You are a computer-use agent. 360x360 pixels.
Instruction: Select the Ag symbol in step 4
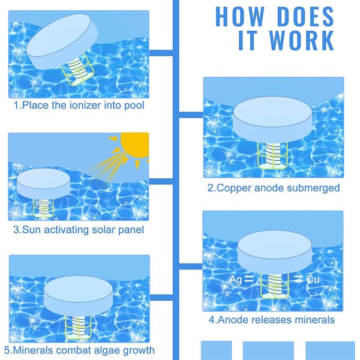236,280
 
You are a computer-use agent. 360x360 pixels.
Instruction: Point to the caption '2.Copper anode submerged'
274,188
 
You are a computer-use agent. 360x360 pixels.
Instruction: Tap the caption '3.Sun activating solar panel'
79,229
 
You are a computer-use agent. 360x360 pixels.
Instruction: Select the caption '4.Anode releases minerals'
271,320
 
